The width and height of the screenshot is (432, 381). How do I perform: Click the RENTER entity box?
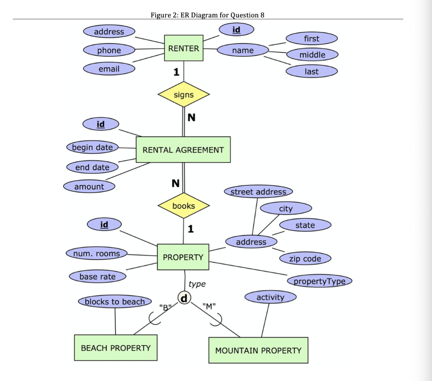point(184,48)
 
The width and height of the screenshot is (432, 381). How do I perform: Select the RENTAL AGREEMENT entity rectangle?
point(183,150)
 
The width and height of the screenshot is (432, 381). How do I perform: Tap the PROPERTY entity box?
point(183,257)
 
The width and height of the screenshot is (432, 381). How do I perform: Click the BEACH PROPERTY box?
point(116,348)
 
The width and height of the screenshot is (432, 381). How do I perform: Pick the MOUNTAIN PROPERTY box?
point(258,350)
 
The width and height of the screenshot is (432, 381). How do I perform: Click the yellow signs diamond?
point(184,95)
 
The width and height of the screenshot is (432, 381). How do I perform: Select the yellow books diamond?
point(184,206)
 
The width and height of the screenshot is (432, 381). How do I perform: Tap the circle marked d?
point(183,297)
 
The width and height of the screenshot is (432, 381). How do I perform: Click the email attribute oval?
point(109,69)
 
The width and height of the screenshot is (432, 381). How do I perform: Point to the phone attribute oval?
point(109,50)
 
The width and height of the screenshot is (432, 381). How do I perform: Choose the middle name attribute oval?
point(312,55)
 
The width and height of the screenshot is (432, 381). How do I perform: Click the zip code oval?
point(305,259)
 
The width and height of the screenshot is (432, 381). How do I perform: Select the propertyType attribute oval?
point(319,281)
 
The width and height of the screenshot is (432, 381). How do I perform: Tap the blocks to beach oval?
point(115,302)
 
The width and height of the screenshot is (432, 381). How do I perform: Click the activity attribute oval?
point(270,297)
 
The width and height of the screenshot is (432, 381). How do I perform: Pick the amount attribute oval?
point(89,187)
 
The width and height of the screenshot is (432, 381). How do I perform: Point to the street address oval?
point(258,192)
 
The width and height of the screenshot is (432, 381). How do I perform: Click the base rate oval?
point(97,277)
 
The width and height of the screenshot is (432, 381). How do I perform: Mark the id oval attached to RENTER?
point(236,30)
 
